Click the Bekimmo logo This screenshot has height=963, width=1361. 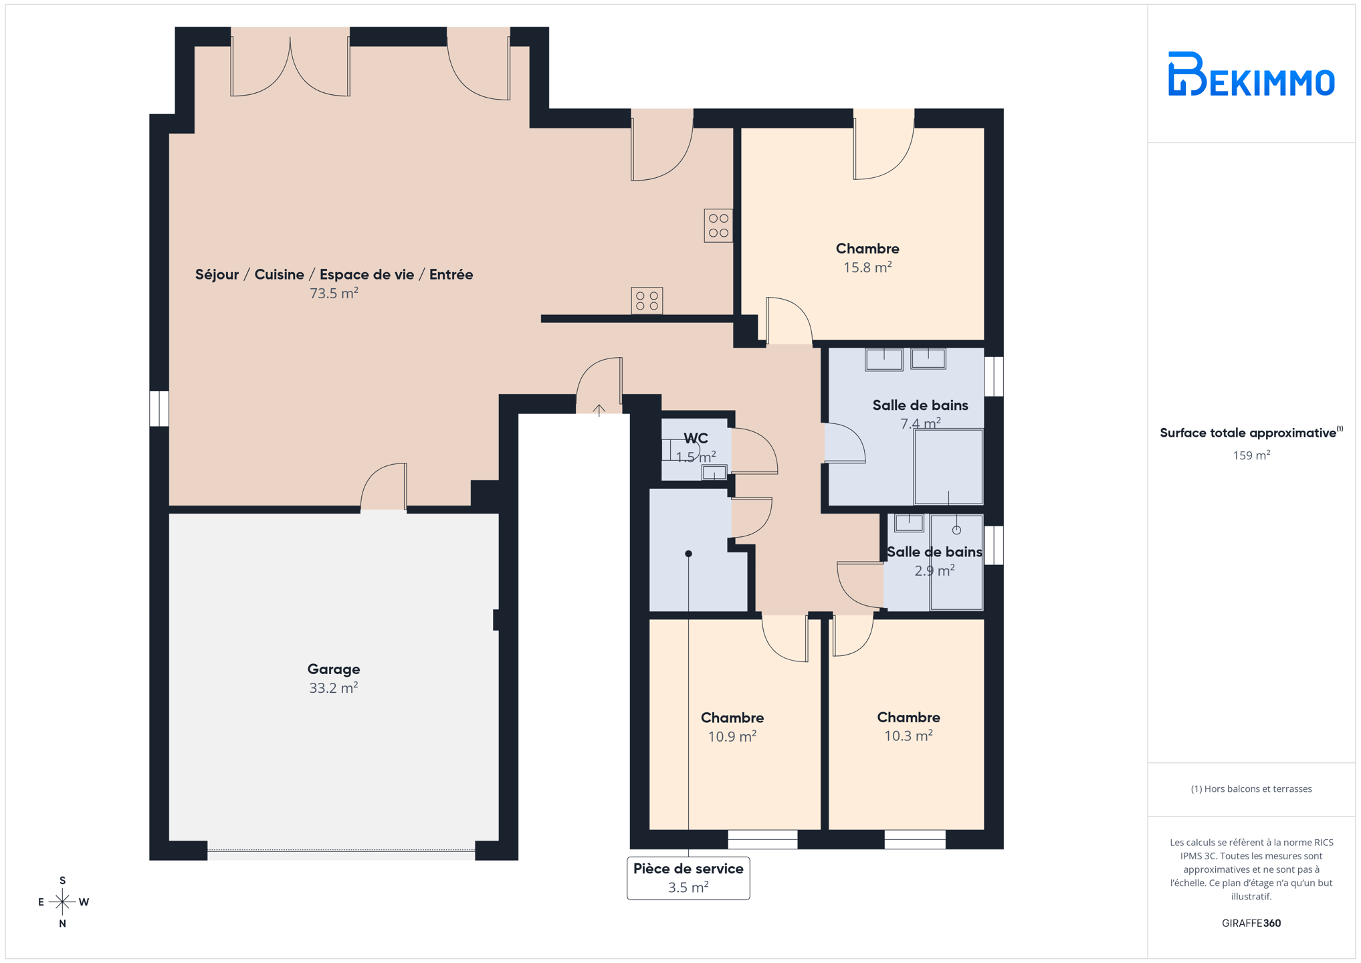click(1251, 74)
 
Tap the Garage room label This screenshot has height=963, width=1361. click(334, 669)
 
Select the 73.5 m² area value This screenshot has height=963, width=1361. click(334, 293)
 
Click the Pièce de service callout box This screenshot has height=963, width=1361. click(688, 877)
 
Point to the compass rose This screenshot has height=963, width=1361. click(62, 901)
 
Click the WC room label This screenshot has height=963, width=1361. click(696, 439)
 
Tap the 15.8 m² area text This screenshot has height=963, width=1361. click(867, 267)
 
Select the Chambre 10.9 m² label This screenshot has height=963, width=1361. click(732, 726)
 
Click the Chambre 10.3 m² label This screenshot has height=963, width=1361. click(908, 726)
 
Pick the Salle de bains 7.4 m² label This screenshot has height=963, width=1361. click(920, 414)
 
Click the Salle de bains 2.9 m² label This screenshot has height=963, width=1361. click(934, 561)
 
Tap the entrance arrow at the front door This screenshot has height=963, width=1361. click(599, 410)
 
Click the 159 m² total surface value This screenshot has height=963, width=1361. click(1251, 455)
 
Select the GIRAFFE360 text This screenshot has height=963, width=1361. click(1251, 923)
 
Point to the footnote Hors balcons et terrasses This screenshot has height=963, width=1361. click(1251, 789)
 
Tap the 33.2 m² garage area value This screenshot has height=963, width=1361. click(334, 688)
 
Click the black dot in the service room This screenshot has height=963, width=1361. click(688, 554)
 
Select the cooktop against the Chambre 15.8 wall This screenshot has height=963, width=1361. click(718, 225)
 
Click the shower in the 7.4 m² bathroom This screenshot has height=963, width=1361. click(948, 467)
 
